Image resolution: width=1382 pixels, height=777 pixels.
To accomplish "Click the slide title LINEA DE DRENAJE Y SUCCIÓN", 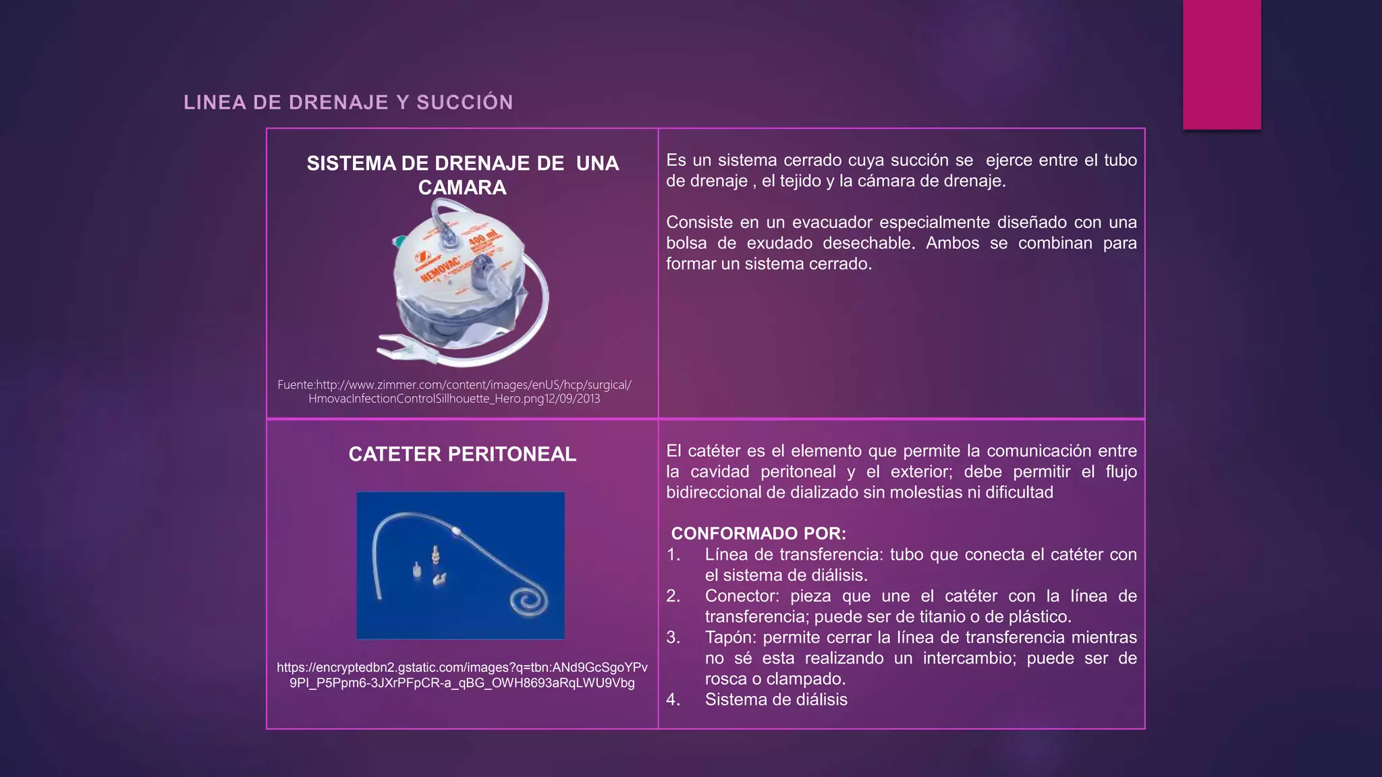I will click(x=348, y=103).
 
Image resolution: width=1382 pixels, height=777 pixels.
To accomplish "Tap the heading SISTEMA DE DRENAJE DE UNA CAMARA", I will click(x=462, y=175).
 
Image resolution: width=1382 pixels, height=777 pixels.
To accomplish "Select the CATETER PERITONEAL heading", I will click(x=462, y=454).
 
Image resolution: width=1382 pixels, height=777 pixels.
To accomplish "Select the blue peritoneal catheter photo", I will click(x=460, y=565).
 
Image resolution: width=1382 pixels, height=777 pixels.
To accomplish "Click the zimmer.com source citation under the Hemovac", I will click(x=454, y=391).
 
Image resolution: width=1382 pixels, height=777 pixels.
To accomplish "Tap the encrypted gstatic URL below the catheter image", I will click(x=462, y=675).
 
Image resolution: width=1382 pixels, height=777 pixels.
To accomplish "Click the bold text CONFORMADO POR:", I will click(x=758, y=534).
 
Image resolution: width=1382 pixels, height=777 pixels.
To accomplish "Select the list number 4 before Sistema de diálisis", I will click(x=673, y=699).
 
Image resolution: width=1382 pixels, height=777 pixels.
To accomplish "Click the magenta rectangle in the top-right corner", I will click(x=1221, y=64).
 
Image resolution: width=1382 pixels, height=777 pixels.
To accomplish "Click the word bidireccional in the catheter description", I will click(x=713, y=492).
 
